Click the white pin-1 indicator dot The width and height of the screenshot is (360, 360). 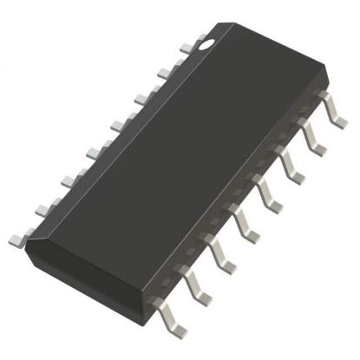coord(209,40)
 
